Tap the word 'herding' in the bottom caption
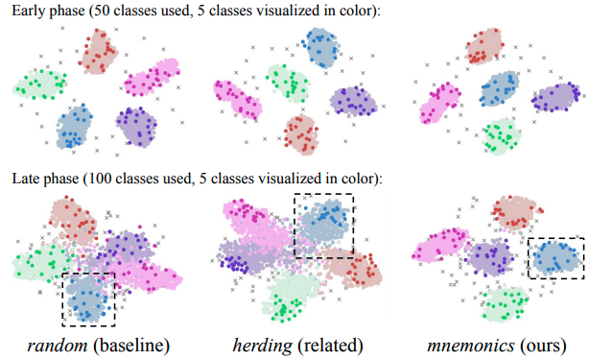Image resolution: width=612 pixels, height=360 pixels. click(257, 344)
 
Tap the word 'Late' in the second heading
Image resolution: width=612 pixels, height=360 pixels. click(28, 179)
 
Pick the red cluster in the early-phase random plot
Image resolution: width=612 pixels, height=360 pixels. click(98, 50)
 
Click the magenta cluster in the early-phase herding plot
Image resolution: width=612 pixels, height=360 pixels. click(232, 99)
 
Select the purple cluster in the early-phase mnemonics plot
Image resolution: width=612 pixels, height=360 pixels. click(556, 96)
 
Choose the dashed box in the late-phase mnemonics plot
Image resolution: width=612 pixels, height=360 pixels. click(554, 258)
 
